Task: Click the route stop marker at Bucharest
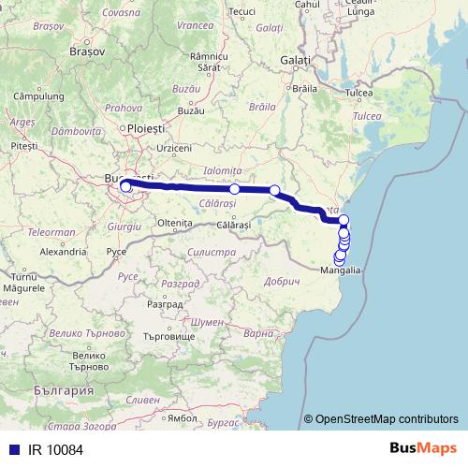coord(125,187)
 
